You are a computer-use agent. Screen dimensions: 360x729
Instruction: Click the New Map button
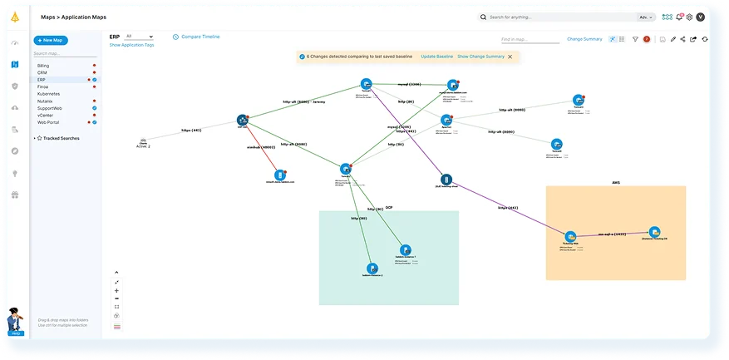click(51, 40)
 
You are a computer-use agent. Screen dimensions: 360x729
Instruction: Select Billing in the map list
click(43, 65)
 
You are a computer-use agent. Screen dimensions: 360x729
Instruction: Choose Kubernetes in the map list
click(48, 94)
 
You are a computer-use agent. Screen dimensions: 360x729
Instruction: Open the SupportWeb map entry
click(50, 108)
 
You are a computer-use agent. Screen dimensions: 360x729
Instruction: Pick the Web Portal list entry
click(48, 122)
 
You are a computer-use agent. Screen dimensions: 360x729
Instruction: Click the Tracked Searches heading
click(62, 138)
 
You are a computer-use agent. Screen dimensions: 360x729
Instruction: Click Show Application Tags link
click(131, 45)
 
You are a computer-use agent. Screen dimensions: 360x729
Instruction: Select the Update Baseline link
click(436, 57)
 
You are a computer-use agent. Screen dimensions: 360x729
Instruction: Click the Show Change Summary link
click(480, 57)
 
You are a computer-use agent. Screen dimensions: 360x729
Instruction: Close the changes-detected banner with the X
click(510, 57)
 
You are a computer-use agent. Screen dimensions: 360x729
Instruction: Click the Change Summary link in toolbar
click(584, 39)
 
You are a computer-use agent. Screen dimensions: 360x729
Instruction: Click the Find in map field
click(529, 39)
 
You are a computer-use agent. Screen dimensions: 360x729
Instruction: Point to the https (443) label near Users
click(191, 131)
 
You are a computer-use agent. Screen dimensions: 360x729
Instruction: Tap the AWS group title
click(616, 182)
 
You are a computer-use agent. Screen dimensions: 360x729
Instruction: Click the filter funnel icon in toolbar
click(635, 39)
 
